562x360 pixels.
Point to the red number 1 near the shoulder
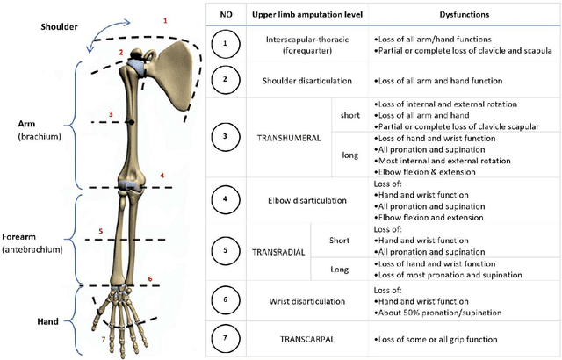pyautogui.click(x=164, y=18)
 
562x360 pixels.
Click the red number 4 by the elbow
pyautogui.click(x=162, y=176)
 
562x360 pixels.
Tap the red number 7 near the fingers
pyautogui.click(x=103, y=339)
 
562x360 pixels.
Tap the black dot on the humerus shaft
pyautogui.click(x=131, y=123)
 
